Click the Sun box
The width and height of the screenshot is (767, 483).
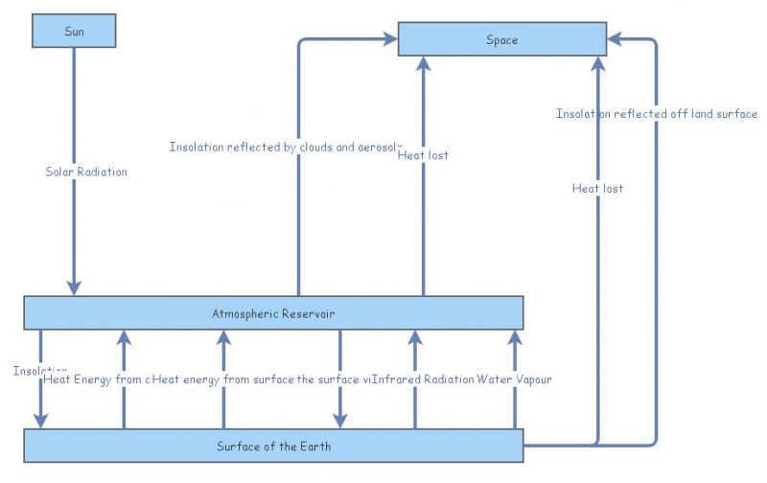point(74,31)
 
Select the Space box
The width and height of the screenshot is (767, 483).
point(501,39)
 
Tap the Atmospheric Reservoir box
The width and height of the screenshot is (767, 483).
point(273,313)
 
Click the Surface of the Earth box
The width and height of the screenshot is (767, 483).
point(273,447)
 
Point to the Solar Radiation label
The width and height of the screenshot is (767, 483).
point(86,172)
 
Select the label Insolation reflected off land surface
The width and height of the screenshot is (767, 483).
point(657,114)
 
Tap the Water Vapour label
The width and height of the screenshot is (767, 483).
point(514,379)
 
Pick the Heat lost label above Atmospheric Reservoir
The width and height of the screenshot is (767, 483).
point(423,154)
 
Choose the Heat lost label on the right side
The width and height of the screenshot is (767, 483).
point(597,188)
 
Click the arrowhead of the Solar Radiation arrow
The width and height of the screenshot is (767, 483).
point(74,288)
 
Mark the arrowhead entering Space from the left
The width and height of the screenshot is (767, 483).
point(390,39)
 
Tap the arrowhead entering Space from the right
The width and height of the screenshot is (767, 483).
point(615,39)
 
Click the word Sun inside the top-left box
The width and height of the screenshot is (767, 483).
point(74,31)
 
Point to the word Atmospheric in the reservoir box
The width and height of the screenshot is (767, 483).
point(244,313)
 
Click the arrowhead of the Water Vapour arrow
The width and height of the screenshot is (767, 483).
point(514,336)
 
